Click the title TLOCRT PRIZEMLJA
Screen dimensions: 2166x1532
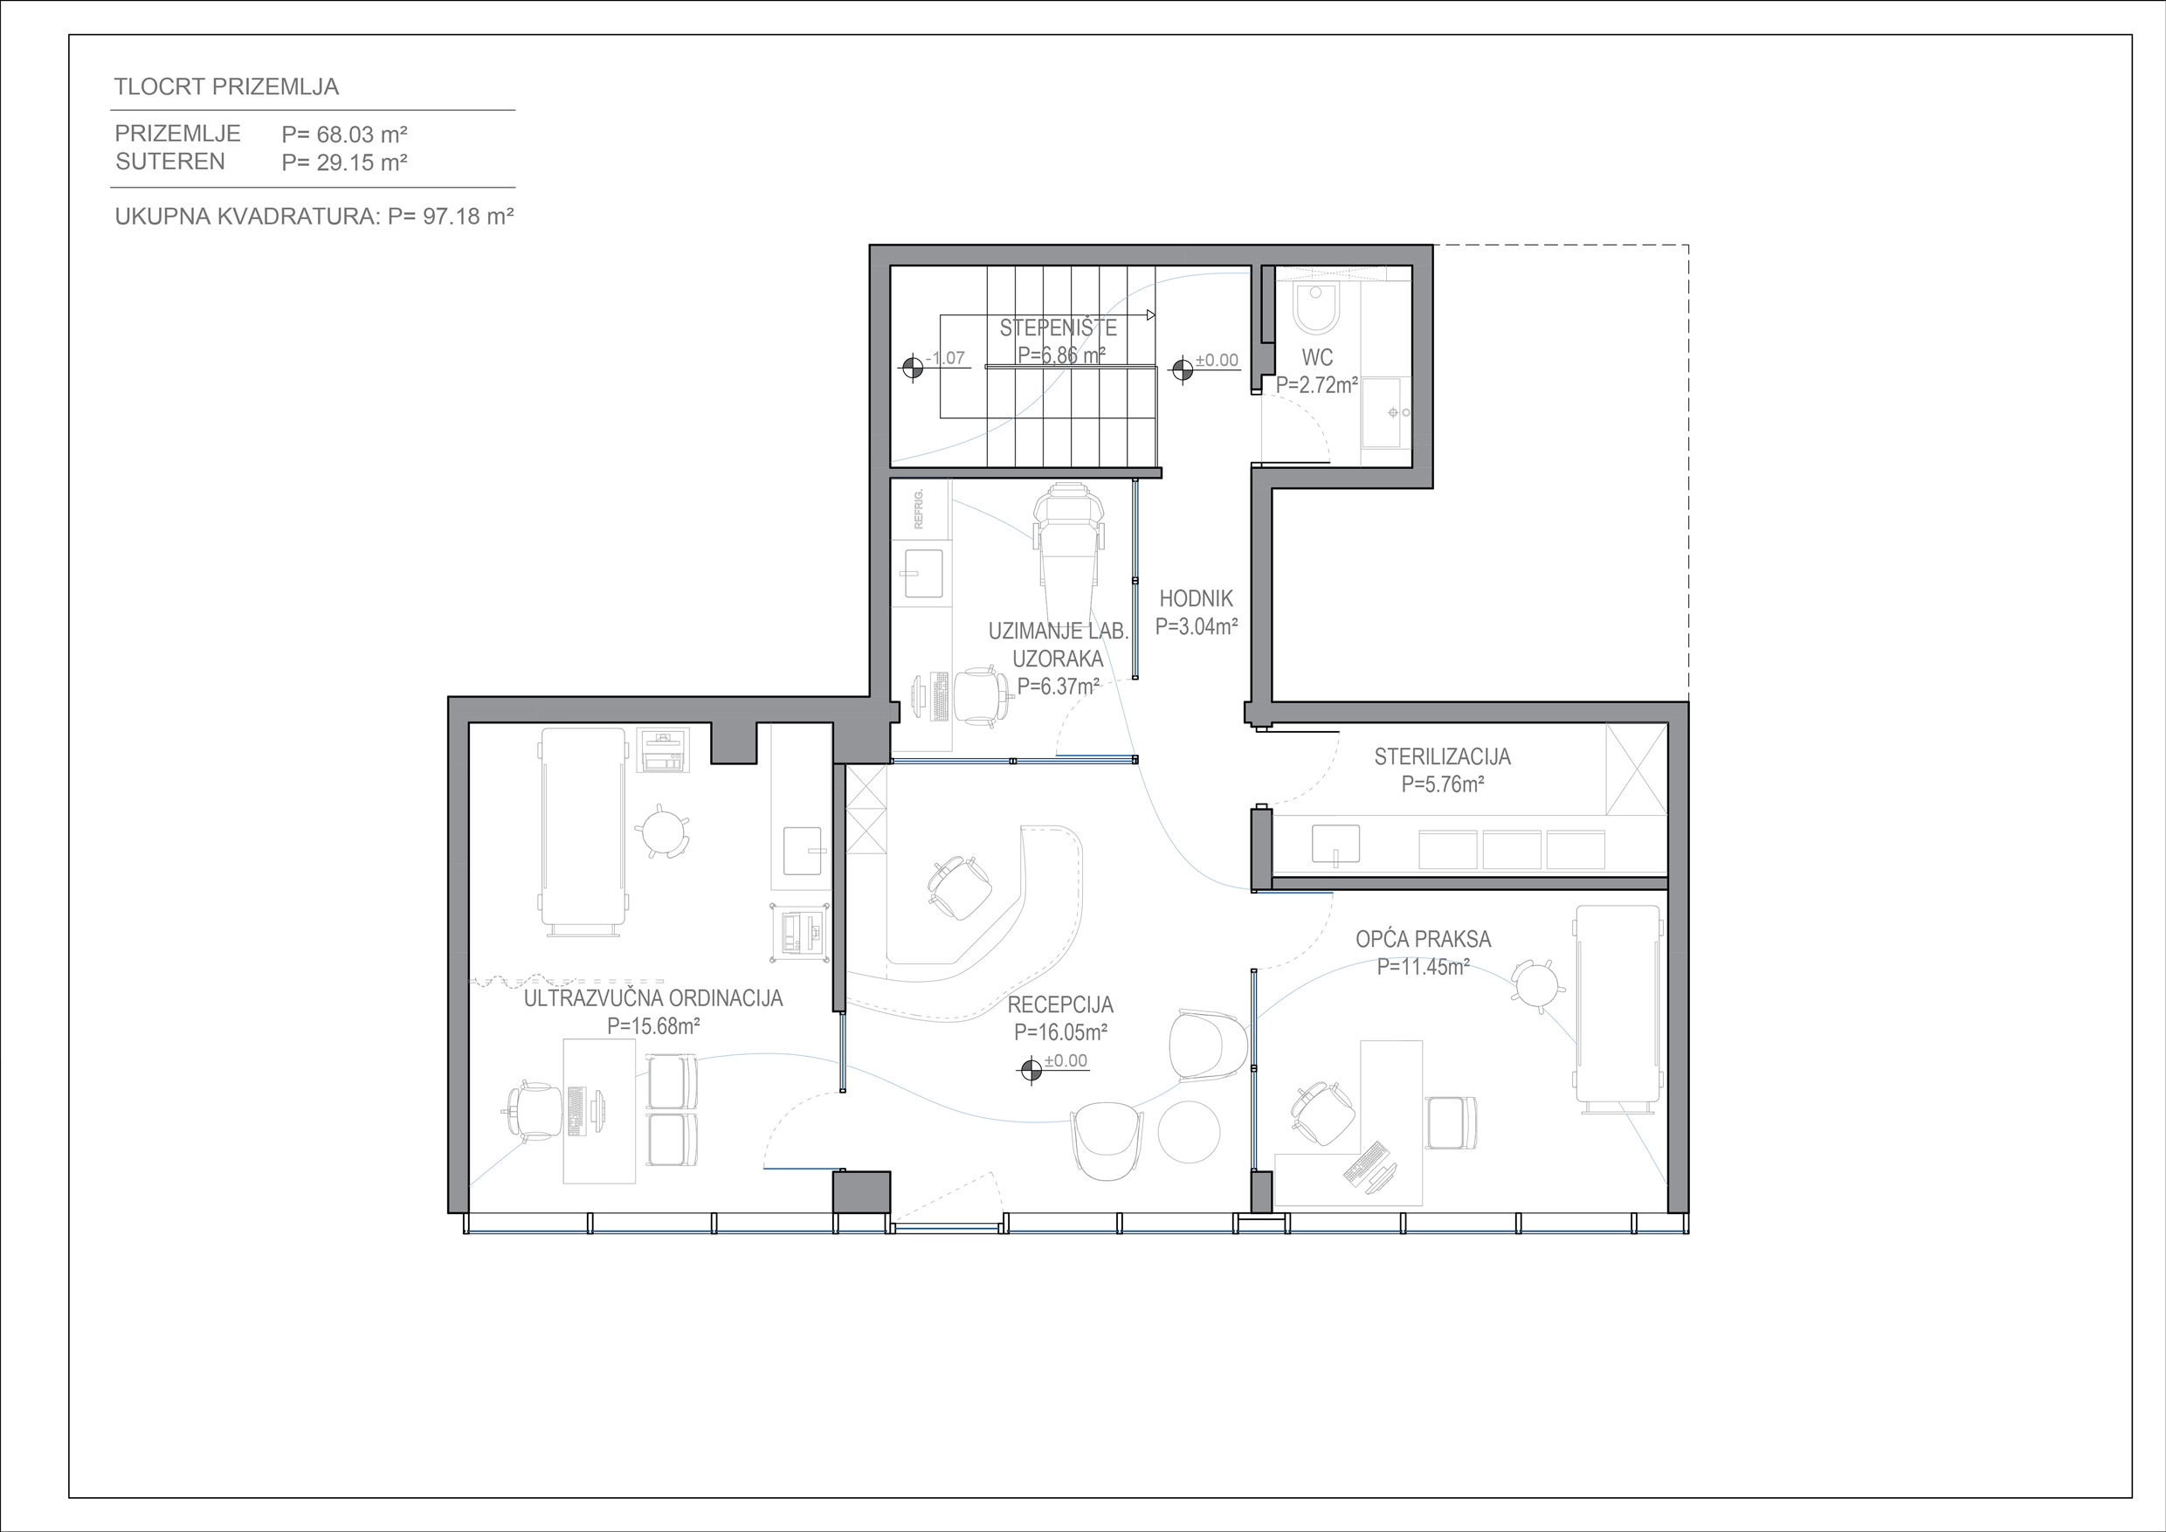click(x=226, y=86)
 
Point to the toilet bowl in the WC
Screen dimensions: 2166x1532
click(x=1316, y=307)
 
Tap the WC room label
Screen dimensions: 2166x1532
click(x=1317, y=357)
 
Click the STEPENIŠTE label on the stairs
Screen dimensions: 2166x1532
click(x=1059, y=328)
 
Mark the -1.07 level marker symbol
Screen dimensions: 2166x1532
click(x=912, y=367)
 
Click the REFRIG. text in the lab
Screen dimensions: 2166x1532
click(x=919, y=508)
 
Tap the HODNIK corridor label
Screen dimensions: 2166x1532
click(x=1197, y=598)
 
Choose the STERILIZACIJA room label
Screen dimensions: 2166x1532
click(x=1443, y=756)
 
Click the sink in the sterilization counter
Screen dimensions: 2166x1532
click(x=1335, y=845)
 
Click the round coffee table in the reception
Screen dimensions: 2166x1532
click(x=1189, y=1132)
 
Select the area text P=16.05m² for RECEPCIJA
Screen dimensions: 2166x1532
click(x=1060, y=1032)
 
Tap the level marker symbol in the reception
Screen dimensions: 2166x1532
click(x=1031, y=1070)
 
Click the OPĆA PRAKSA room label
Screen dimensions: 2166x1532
click(x=1424, y=939)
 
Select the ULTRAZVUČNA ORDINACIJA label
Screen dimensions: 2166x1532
click(x=652, y=998)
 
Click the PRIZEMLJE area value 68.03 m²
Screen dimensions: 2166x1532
click(x=344, y=134)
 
